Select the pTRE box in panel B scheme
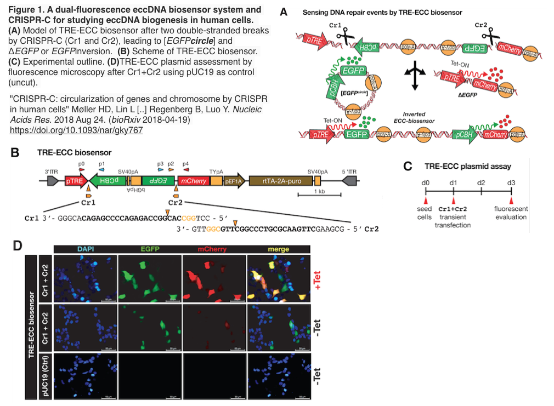[74, 180]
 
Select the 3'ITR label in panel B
[51, 171]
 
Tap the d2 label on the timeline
[481, 181]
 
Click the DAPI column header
[85, 249]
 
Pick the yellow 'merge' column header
[278, 249]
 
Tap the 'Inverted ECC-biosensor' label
[412, 118]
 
